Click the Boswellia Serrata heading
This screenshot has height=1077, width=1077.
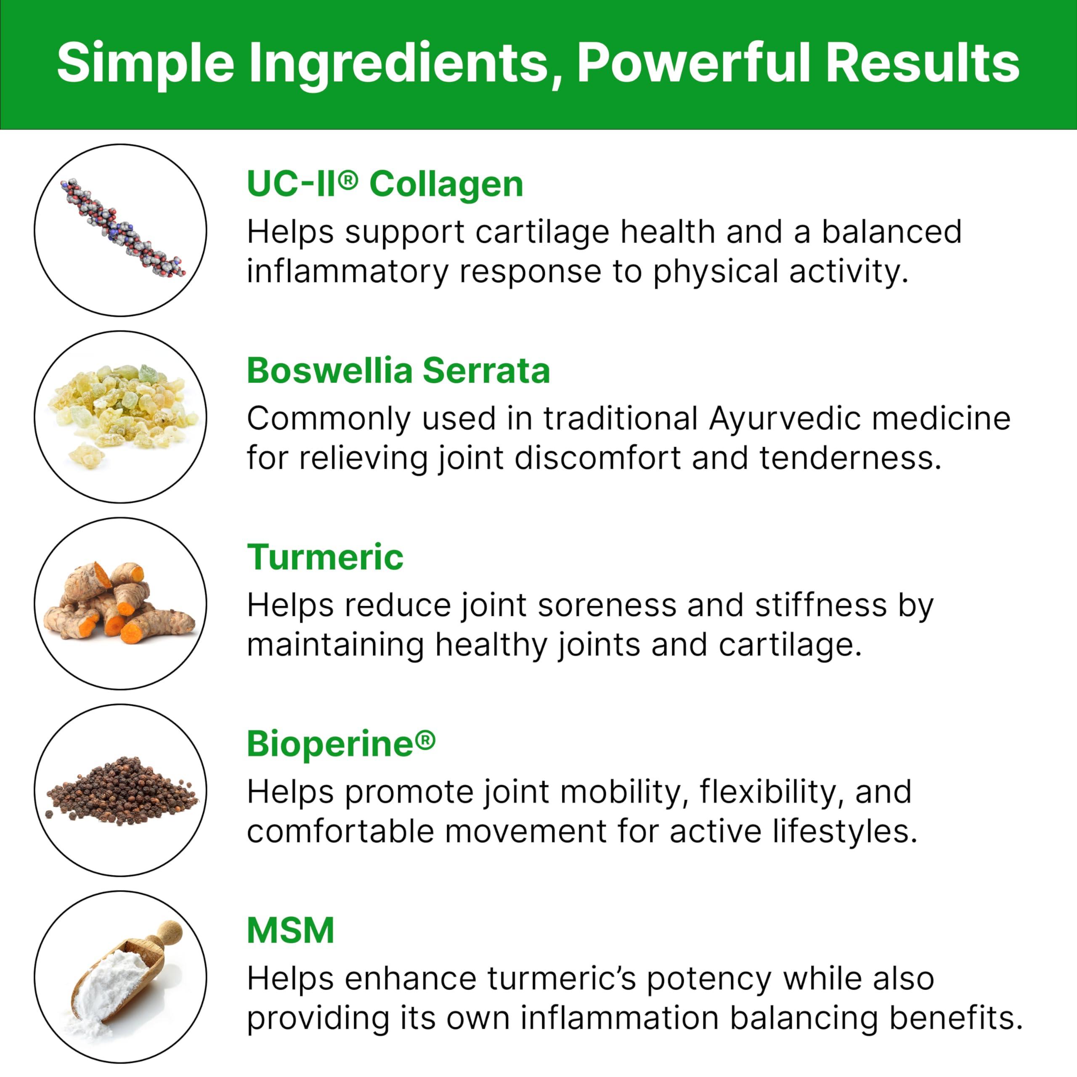(398, 370)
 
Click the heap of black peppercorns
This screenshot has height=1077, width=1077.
(120, 792)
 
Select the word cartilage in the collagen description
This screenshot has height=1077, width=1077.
(542, 232)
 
